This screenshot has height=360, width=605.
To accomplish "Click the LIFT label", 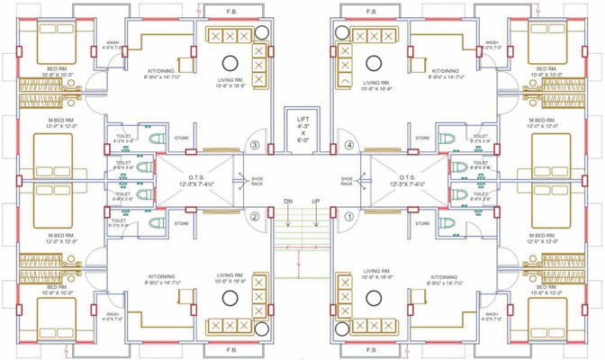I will coord(302,117).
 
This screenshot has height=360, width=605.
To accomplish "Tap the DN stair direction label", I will coord(288,201).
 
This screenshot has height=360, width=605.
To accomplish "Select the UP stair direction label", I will coord(316,201).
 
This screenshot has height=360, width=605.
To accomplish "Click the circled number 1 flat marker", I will coord(350,216).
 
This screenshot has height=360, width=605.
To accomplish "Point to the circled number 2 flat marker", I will coord(255,216).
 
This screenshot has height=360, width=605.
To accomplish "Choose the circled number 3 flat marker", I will coord(255,145).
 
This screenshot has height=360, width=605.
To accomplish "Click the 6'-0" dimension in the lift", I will coord(302,141).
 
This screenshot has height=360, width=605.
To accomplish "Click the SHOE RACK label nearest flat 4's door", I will coord(348,181).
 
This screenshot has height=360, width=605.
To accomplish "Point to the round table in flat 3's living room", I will coord(230,62).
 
